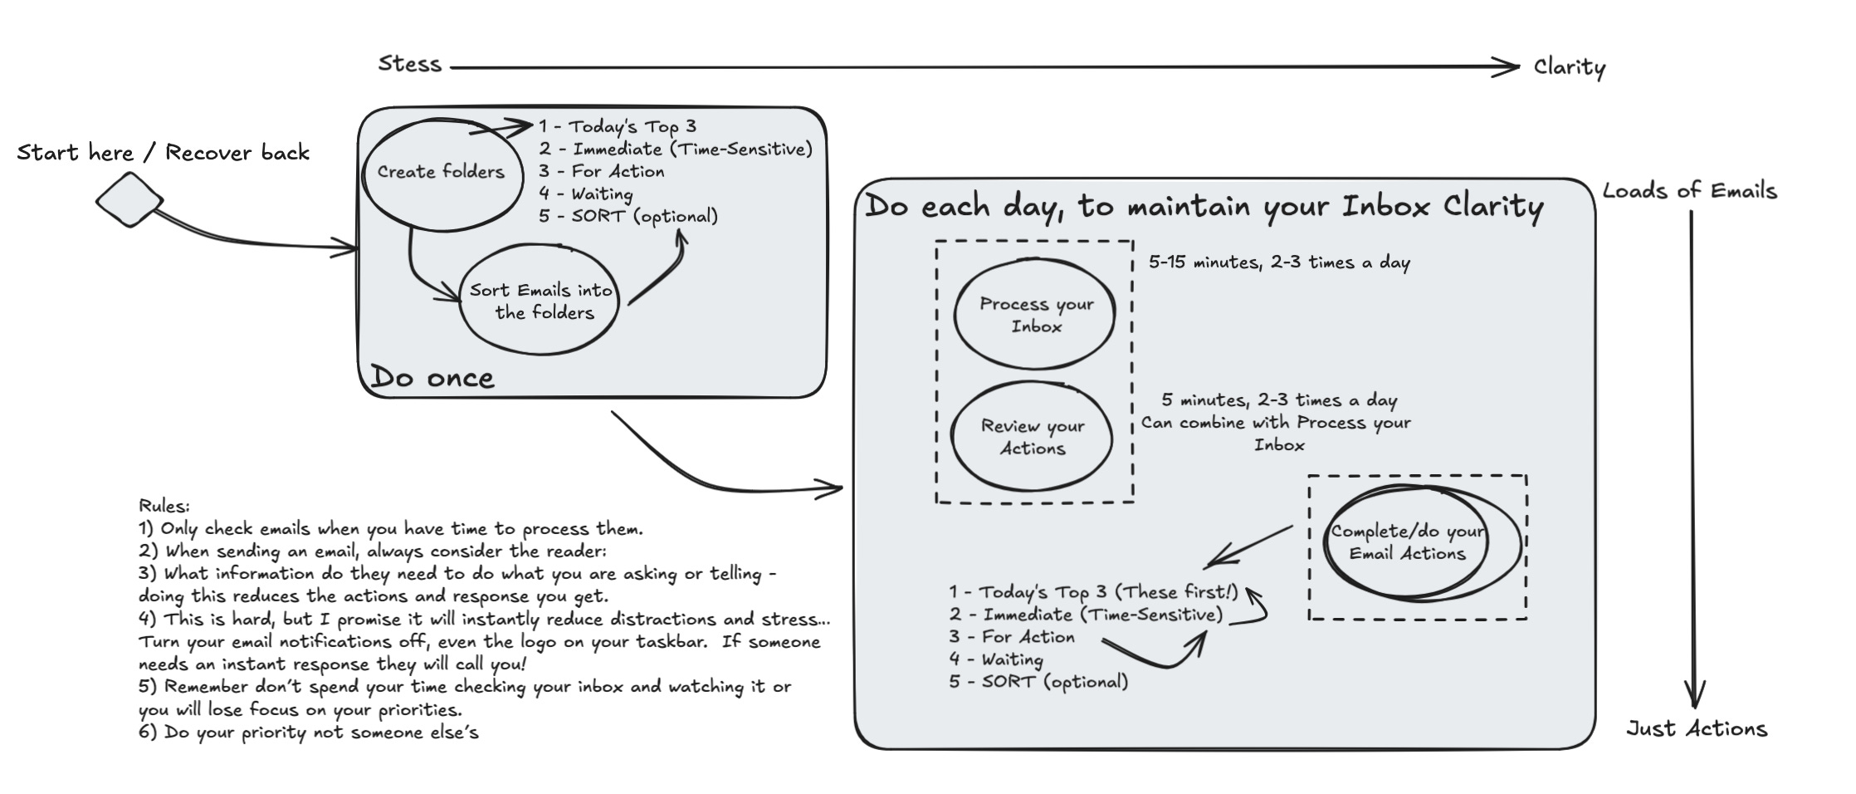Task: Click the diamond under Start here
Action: pyautogui.click(x=129, y=199)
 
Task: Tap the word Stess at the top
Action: pyautogui.click(x=409, y=64)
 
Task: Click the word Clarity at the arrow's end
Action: pyautogui.click(x=1569, y=67)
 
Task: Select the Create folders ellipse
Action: pyautogui.click(x=441, y=172)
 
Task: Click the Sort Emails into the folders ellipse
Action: pyautogui.click(x=541, y=301)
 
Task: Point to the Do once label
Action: pyautogui.click(x=432, y=378)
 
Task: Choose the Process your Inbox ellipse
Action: pyautogui.click(x=1035, y=315)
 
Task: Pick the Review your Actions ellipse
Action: pyautogui.click(x=1032, y=437)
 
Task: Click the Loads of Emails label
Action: pyautogui.click(x=1689, y=191)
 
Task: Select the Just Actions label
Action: pyautogui.click(x=1697, y=729)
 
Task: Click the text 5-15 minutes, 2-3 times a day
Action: pyautogui.click(x=1279, y=262)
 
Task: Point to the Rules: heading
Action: pyautogui.click(x=164, y=506)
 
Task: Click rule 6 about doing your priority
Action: pyautogui.click(x=309, y=733)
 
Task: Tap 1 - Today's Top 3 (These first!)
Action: pyautogui.click(x=1093, y=592)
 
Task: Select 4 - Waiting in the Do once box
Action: pyautogui.click(x=586, y=194)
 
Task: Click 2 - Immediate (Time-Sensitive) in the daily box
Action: pyautogui.click(x=1086, y=615)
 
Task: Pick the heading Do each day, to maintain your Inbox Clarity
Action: pyautogui.click(x=1204, y=207)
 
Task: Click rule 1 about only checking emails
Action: pyautogui.click(x=391, y=529)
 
